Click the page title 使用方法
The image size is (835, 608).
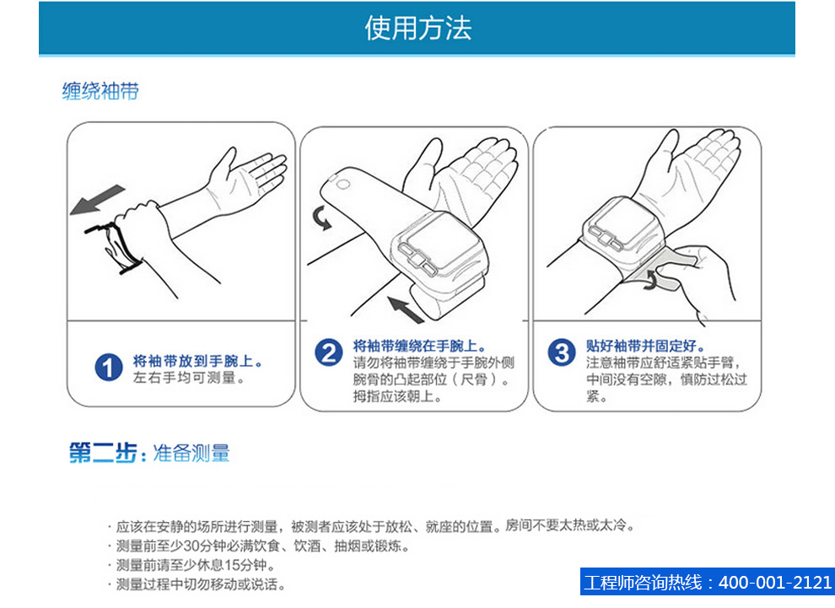click(x=418, y=28)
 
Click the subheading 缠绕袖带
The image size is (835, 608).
click(x=100, y=90)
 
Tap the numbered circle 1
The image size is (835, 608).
click(x=108, y=368)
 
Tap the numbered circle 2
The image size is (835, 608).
click(x=329, y=352)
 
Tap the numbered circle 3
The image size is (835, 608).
click(x=562, y=352)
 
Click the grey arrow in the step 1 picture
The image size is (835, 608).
click(x=98, y=200)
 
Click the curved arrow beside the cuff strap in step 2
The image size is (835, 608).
click(x=322, y=218)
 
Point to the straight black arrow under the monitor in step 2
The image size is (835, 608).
click(x=406, y=309)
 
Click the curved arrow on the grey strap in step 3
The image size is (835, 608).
click(x=652, y=279)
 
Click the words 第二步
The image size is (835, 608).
click(x=103, y=453)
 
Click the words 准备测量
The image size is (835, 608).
click(x=191, y=453)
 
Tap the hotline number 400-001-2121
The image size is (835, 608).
click(x=775, y=582)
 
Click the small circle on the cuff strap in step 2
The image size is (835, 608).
click(x=343, y=185)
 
